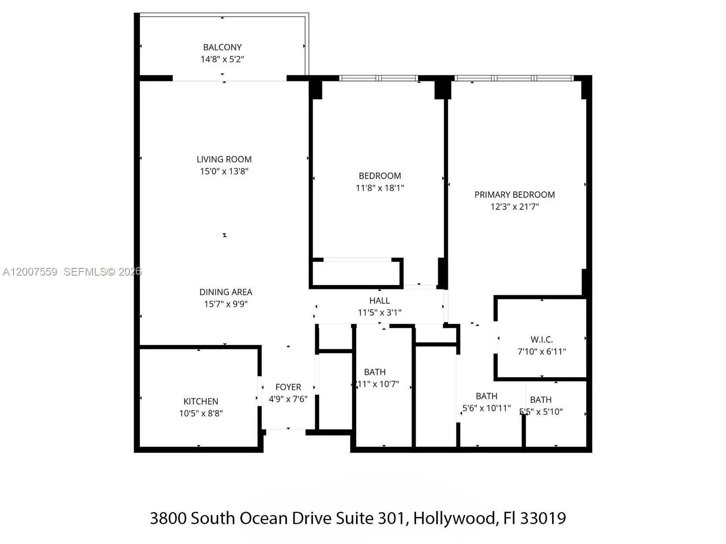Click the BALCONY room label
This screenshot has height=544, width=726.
click(222, 47)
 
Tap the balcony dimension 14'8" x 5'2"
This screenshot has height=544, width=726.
click(222, 59)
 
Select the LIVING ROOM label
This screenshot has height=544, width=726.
click(224, 159)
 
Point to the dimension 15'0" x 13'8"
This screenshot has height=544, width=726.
click(224, 171)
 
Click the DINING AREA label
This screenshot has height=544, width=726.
click(226, 292)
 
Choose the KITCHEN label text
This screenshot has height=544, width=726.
click(201, 401)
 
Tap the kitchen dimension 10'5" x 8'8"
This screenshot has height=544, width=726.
click(201, 413)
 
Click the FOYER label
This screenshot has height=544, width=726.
click(288, 387)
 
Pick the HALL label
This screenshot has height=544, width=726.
click(379, 301)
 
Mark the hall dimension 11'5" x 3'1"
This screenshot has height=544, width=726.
click(379, 312)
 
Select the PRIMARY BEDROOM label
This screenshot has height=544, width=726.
click(515, 194)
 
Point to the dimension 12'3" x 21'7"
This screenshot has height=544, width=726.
click(515, 206)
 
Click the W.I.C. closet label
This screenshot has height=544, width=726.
click(542, 339)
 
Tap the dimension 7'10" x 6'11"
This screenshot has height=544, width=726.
click(542, 351)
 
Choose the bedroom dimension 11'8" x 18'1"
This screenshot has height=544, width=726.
click(380, 188)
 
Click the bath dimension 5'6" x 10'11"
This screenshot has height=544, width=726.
click(486, 408)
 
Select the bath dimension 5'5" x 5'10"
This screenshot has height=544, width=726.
click(541, 412)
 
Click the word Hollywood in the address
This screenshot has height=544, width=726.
click(454, 518)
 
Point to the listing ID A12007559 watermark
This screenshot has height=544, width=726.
click(30, 272)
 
